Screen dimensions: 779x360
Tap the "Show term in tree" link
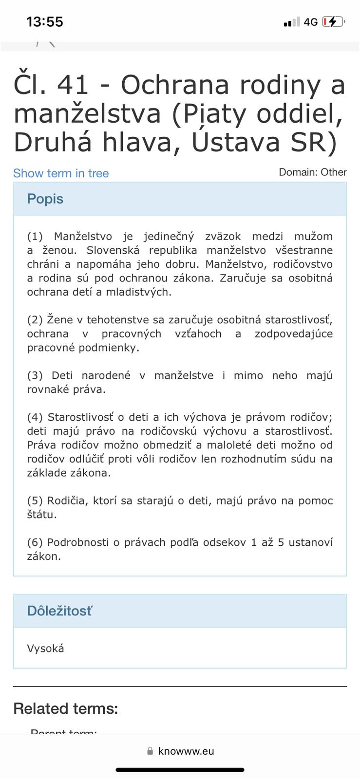pyautogui.click(x=61, y=173)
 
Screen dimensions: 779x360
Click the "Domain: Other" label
pyautogui.click(x=312, y=172)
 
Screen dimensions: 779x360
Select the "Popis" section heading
pyautogui.click(x=45, y=199)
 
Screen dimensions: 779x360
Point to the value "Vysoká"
pyautogui.click(x=45, y=648)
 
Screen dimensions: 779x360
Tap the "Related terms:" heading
pyautogui.click(x=66, y=708)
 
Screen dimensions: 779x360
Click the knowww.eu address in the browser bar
pyautogui.click(x=186, y=751)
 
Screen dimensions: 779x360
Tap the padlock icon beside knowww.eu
pyautogui.click(x=150, y=751)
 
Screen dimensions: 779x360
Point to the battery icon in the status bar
pyautogui.click(x=333, y=21)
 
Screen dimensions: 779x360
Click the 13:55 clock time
pyautogui.click(x=45, y=21)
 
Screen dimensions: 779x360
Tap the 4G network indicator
pyautogui.click(x=310, y=22)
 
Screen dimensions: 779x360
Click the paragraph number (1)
pyautogui.click(x=35, y=237)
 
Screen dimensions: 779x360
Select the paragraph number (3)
pyautogui.click(x=35, y=375)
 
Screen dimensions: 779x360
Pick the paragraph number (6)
pyautogui.click(x=35, y=542)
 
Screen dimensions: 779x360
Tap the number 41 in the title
pyautogui.click(x=73, y=85)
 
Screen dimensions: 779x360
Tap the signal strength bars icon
pyautogui.click(x=292, y=22)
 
